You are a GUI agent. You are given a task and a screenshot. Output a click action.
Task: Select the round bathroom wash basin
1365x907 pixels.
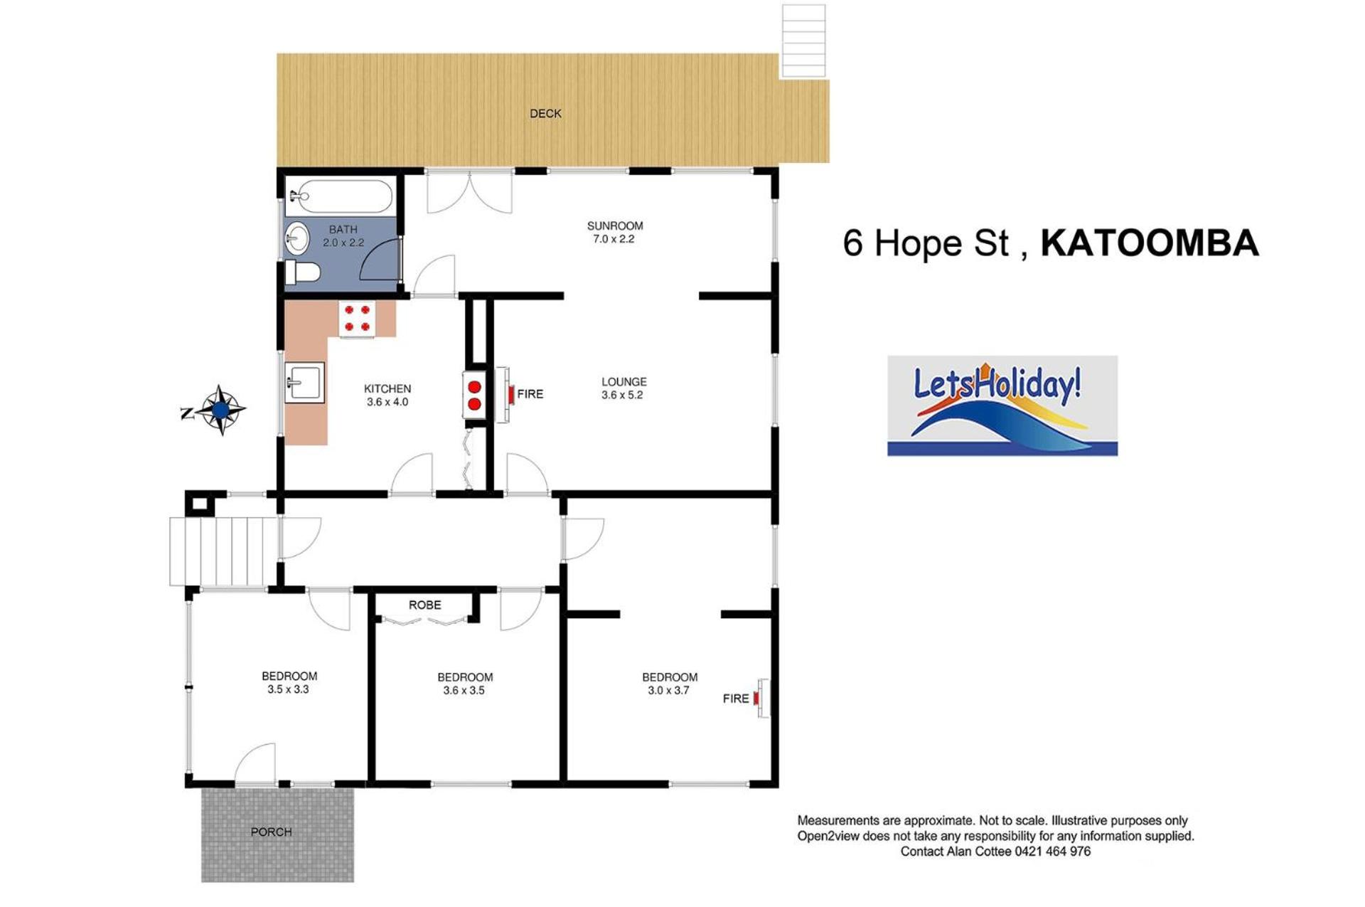(x=296, y=238)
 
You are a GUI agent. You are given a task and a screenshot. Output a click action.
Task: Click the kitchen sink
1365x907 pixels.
(x=305, y=383)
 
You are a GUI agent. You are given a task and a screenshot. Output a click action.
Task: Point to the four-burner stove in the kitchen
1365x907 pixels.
(x=357, y=318)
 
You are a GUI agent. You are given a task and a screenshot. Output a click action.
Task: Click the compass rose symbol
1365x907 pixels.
(x=220, y=410)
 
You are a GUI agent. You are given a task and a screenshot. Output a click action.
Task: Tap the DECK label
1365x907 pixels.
(x=545, y=114)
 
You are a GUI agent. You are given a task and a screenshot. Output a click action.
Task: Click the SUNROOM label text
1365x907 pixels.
(x=615, y=226)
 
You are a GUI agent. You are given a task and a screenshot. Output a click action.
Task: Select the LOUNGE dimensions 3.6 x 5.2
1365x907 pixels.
(x=622, y=396)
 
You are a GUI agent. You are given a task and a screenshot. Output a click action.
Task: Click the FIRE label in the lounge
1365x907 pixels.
(x=530, y=394)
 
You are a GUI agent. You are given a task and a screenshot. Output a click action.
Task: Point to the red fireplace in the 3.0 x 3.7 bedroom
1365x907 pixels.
(x=757, y=699)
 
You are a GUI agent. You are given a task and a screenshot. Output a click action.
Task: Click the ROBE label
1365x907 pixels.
(x=424, y=605)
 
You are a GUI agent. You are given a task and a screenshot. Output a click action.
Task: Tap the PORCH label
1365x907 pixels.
(x=271, y=832)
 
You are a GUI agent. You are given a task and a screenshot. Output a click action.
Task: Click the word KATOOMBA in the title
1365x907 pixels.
(x=1150, y=243)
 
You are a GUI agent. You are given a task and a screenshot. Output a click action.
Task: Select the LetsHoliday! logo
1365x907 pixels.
(x=1002, y=405)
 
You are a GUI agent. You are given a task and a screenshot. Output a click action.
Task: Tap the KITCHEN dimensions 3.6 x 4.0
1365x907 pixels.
(x=387, y=403)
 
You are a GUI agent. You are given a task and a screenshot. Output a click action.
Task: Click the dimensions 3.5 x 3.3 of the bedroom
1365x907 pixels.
(x=288, y=689)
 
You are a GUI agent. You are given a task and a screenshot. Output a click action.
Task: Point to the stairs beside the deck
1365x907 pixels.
(x=804, y=41)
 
